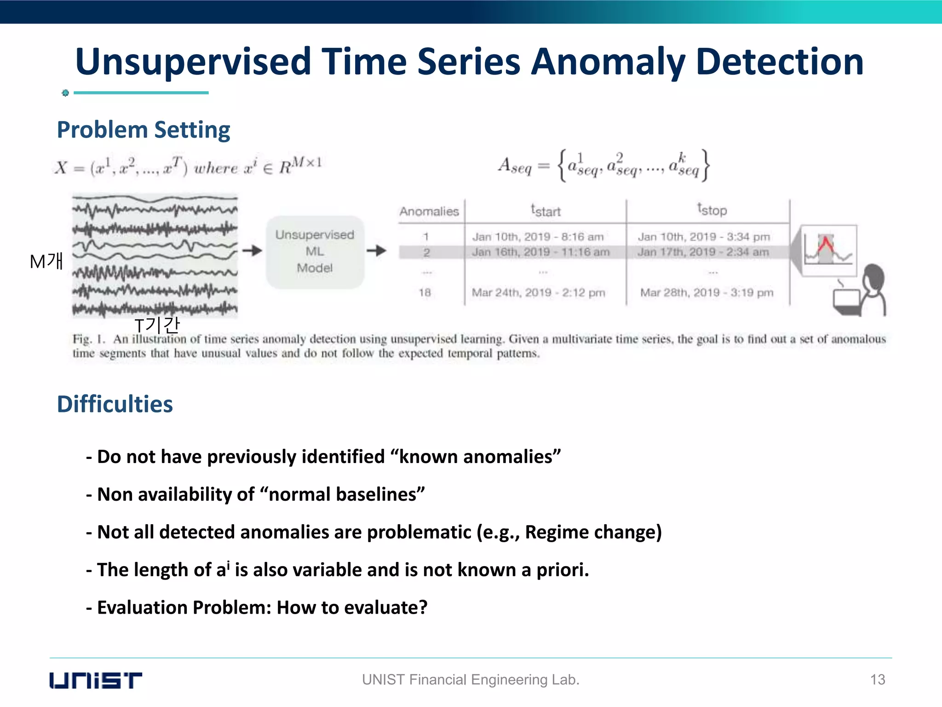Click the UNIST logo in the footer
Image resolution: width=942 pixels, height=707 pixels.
tap(96, 680)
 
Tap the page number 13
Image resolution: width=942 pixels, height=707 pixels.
tap(878, 680)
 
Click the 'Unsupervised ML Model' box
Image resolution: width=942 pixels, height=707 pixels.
tap(315, 251)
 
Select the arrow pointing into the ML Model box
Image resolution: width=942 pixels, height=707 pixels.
tap(252, 251)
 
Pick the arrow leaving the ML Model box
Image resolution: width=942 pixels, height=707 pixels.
tap(377, 251)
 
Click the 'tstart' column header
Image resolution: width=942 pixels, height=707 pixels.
tap(546, 211)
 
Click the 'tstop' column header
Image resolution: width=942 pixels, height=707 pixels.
tap(712, 210)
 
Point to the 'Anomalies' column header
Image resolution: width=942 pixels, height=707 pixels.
tap(429, 212)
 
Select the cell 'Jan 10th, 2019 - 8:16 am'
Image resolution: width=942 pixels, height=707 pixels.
tap(538, 237)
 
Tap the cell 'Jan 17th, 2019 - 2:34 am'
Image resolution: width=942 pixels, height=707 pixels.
tap(703, 252)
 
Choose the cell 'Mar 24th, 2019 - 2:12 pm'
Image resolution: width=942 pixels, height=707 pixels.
tap(538, 293)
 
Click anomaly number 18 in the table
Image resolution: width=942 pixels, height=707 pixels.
tap(425, 293)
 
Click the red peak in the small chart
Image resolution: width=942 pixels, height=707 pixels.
tap(826, 243)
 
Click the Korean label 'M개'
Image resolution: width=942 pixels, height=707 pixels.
tap(46, 262)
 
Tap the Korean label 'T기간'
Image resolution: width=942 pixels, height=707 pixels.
tap(157, 325)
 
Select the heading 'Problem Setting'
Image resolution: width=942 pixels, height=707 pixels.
tap(144, 130)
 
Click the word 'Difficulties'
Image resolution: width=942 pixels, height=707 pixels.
tap(115, 404)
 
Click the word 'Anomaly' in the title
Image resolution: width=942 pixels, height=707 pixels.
tap(608, 62)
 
